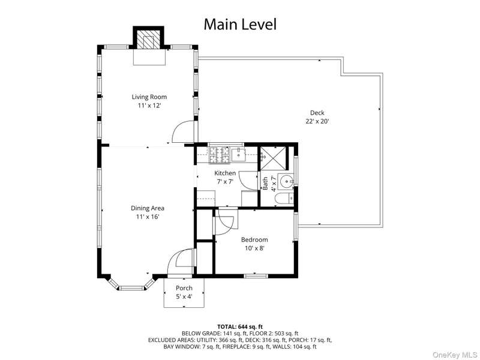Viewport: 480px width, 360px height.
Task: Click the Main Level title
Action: (x=240, y=24)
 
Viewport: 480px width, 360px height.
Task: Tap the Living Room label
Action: (x=149, y=97)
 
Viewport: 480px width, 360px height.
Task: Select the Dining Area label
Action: (x=148, y=208)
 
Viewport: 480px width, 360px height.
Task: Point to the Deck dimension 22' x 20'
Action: (x=317, y=121)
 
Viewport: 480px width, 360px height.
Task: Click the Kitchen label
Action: (x=225, y=173)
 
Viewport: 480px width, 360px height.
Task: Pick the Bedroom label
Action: (x=254, y=239)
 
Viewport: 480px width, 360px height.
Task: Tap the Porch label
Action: (x=184, y=288)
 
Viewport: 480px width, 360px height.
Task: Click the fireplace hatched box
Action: (x=148, y=39)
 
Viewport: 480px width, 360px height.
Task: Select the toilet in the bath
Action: (x=284, y=199)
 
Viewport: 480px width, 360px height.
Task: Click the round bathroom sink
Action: (x=286, y=182)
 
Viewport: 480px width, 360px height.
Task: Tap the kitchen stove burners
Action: (x=219, y=155)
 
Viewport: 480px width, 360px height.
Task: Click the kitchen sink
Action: (x=238, y=155)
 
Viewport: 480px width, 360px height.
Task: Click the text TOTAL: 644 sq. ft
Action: (x=240, y=326)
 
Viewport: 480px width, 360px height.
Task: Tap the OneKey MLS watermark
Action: (x=455, y=355)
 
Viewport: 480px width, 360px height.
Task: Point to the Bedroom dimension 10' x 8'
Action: (x=254, y=248)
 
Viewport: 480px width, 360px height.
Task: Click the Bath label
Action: (x=265, y=183)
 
